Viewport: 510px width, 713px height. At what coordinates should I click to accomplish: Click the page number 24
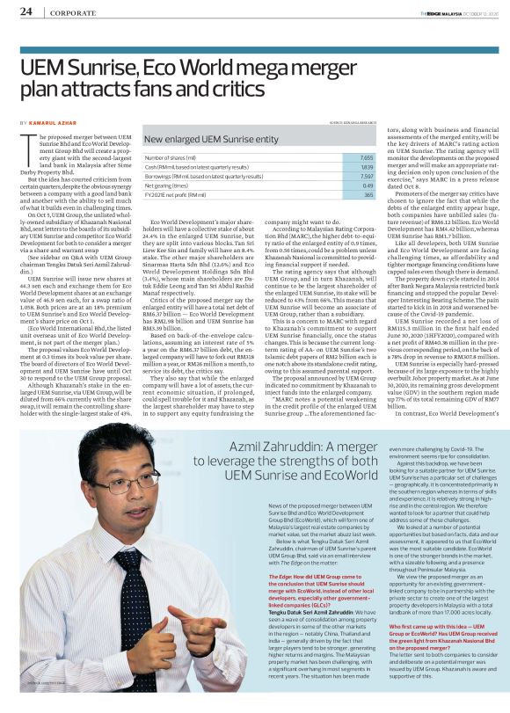[27, 11]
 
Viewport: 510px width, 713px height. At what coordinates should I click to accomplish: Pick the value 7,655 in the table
[341, 156]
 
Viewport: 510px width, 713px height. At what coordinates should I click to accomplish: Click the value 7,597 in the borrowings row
[341, 176]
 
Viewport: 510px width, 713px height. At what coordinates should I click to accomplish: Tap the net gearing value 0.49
[343, 186]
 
